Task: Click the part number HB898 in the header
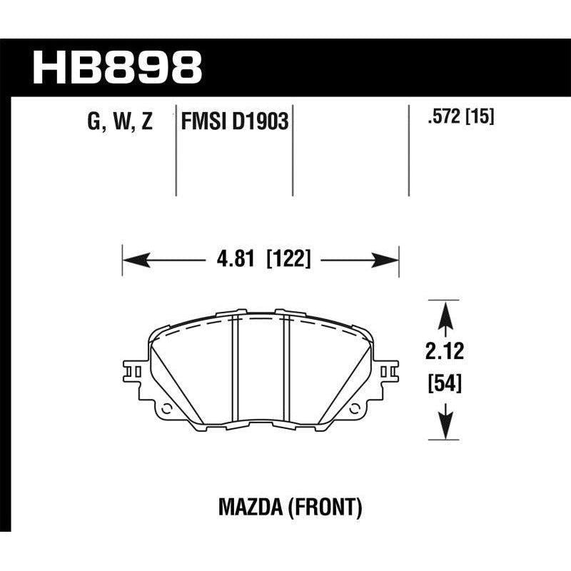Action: point(118,67)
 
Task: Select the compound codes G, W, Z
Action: point(120,122)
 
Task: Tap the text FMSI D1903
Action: point(235,122)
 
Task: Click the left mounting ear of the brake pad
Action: point(136,372)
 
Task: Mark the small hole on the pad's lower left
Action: point(166,410)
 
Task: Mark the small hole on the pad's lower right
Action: point(355,410)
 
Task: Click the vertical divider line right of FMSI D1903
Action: point(294,150)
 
